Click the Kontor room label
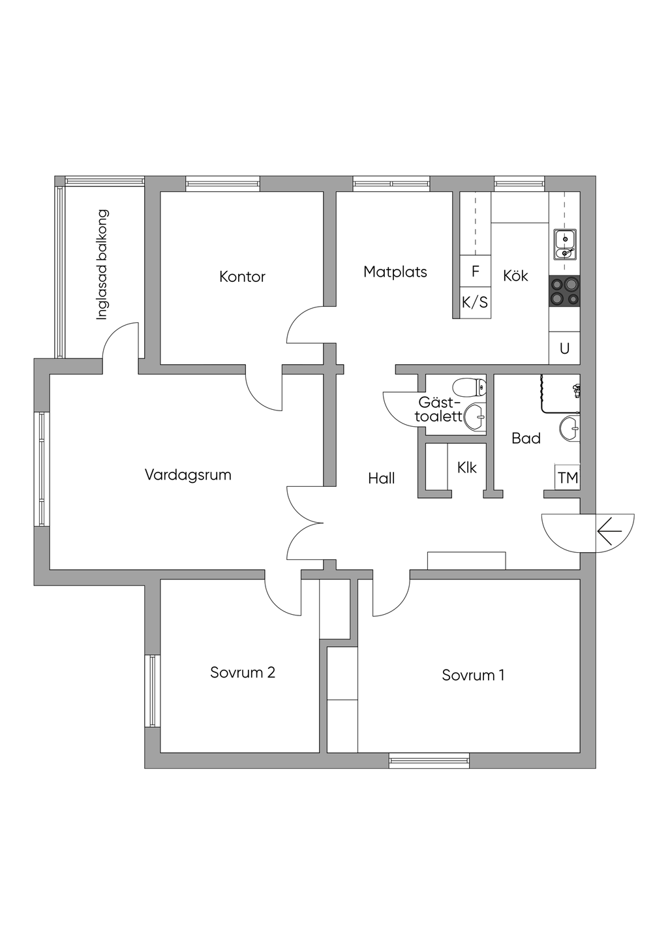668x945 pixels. (x=242, y=277)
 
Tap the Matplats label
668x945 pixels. (x=395, y=271)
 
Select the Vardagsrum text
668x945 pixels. (x=188, y=474)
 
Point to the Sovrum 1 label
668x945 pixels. (x=473, y=675)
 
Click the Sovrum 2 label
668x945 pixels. (x=243, y=672)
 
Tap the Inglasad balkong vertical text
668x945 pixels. (x=102, y=264)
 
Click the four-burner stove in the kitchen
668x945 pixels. (x=564, y=290)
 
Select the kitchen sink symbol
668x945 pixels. (x=564, y=245)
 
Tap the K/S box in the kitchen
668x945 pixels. (x=476, y=302)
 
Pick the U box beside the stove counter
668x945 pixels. (x=564, y=348)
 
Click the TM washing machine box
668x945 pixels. (x=567, y=477)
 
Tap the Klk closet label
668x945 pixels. (x=467, y=467)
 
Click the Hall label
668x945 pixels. (x=381, y=478)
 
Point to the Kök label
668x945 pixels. (x=515, y=276)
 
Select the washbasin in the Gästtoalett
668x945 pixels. (x=476, y=417)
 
